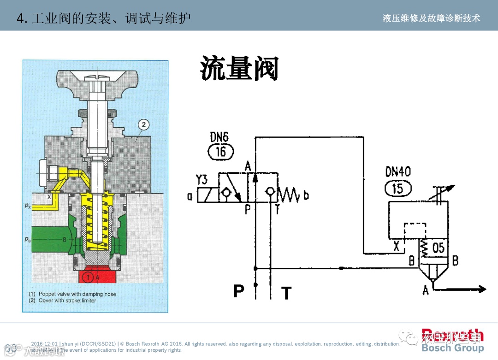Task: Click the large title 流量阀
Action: [239, 70]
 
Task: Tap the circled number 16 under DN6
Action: [221, 152]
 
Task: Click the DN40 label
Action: [398, 172]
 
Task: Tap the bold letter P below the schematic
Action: [238, 291]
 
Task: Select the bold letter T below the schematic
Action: [286, 293]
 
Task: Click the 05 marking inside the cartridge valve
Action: [438, 248]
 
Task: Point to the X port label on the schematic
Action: [396, 247]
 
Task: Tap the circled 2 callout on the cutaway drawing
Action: [143, 124]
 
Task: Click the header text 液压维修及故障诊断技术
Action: [431, 18]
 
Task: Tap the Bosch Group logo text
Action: [453, 348]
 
